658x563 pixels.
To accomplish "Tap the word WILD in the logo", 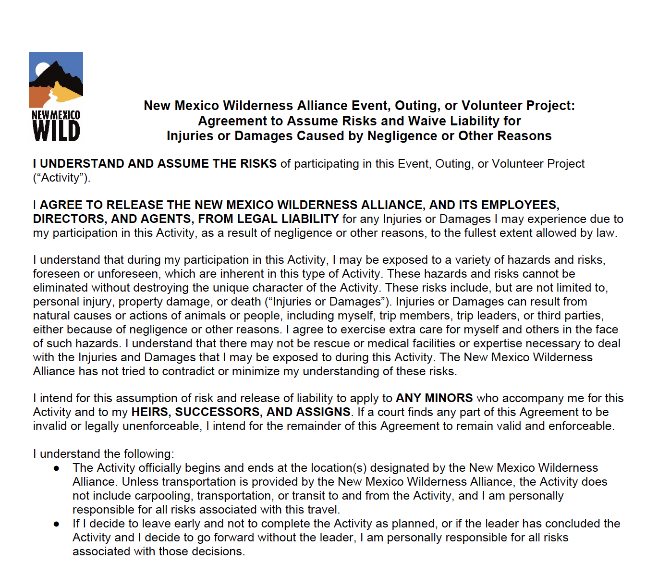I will (x=56, y=131).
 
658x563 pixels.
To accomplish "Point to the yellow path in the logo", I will (x=62, y=93).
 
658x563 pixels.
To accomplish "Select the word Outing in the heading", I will (x=416, y=106).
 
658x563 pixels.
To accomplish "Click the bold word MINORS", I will (x=449, y=398).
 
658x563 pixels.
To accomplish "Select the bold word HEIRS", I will (x=149, y=412).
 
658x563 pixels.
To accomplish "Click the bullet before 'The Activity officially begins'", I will (x=57, y=468).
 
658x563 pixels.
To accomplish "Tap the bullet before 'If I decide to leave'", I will (x=57, y=524).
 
